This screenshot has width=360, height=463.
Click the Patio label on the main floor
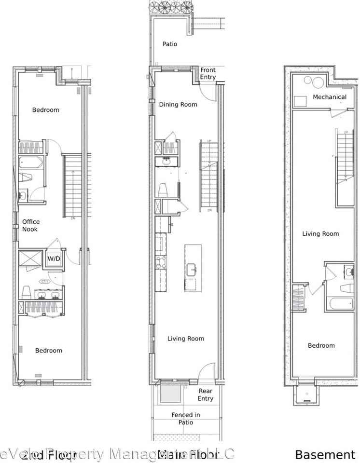point(169,44)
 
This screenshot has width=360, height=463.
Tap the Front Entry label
point(208,73)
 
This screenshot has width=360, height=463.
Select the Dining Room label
point(178,105)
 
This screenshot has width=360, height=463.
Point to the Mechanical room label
point(330,97)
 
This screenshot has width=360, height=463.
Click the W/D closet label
point(54,259)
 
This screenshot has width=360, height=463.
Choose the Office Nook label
point(31,225)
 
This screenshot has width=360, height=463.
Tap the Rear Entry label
point(206,395)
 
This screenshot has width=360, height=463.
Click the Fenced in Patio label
point(186,418)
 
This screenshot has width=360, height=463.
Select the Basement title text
point(325,454)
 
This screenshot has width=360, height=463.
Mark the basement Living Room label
point(320,234)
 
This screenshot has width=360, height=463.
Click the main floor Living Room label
point(186,339)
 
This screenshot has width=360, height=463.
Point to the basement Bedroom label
point(321,346)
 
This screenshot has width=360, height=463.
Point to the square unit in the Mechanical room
point(300,100)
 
